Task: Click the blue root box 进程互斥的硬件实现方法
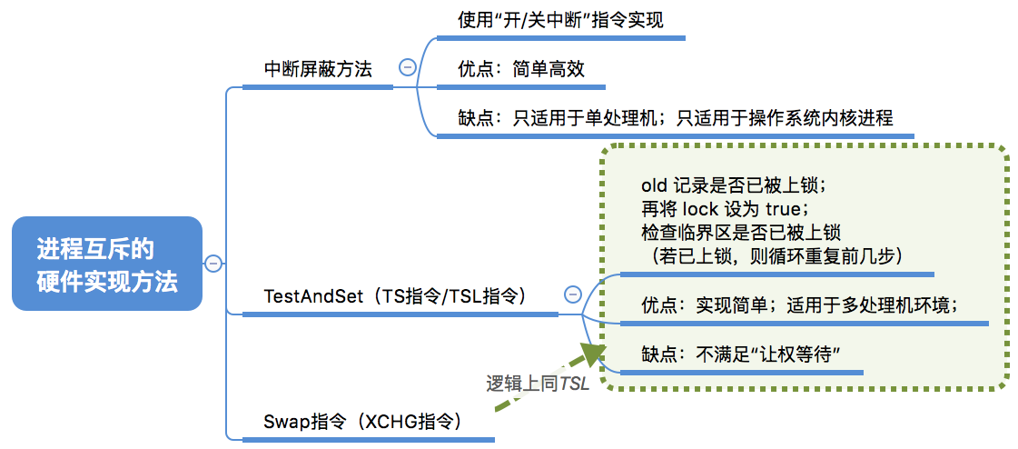pos(107,264)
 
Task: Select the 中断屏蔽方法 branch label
pos(318,69)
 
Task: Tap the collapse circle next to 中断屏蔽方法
pos(407,66)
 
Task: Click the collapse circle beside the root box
pos(213,264)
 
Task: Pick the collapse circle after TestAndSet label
pos(573,294)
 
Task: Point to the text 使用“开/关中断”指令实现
pos(560,20)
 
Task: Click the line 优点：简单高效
pos(521,69)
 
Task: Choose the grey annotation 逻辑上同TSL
pos(538,384)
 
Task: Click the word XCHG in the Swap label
pos(390,423)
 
